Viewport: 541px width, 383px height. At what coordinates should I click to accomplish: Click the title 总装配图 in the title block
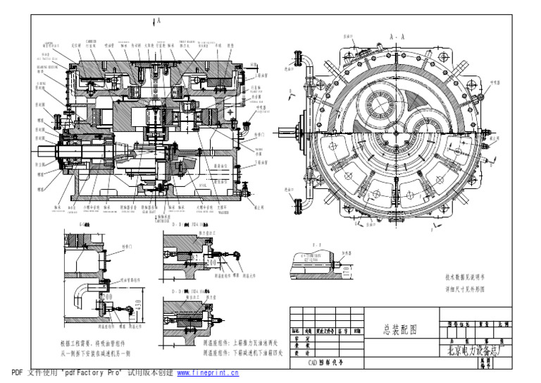[x=399, y=329]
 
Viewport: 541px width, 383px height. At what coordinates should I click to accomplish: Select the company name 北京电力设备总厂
[x=472, y=349]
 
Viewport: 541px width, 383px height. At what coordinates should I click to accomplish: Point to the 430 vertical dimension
[x=137, y=307]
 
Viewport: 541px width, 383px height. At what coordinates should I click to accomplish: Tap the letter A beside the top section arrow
[x=159, y=21]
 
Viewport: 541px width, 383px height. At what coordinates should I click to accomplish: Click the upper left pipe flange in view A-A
[x=297, y=56]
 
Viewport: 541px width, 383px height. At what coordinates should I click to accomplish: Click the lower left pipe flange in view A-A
[x=297, y=205]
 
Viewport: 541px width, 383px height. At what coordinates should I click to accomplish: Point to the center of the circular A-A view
[x=397, y=133]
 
